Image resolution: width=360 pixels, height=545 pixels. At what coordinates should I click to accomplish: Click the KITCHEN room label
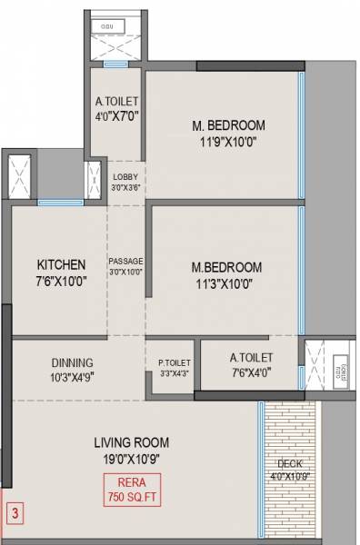click(x=61, y=264)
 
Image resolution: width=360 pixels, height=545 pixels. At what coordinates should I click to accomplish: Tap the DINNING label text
click(x=72, y=362)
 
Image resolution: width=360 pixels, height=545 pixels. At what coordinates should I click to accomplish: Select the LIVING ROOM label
click(x=132, y=442)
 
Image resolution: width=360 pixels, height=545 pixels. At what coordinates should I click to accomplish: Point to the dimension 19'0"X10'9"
click(x=132, y=458)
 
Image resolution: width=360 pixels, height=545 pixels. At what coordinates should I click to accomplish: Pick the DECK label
click(x=290, y=463)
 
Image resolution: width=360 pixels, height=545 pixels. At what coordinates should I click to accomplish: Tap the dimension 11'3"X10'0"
click(x=226, y=282)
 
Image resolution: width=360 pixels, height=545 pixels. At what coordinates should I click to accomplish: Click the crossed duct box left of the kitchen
click(x=21, y=174)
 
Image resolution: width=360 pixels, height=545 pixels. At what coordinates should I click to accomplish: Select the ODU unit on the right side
click(x=342, y=368)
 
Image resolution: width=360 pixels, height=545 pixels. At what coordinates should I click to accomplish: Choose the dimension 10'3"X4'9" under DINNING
click(x=72, y=376)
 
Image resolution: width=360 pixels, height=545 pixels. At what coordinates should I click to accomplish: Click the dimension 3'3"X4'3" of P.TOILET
click(x=174, y=373)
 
